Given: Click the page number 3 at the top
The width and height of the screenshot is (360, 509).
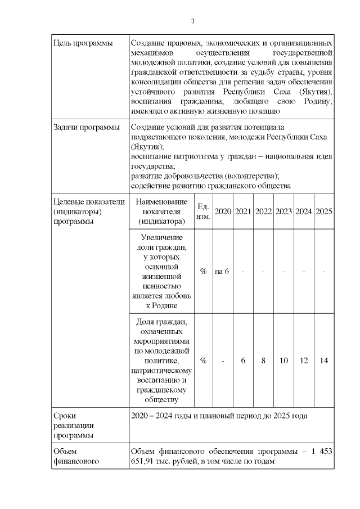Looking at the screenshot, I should (192, 21).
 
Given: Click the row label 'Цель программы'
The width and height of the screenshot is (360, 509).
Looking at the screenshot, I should (82, 43).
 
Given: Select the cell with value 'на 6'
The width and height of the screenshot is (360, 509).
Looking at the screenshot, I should (222, 271).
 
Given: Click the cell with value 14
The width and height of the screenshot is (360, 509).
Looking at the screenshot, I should (324, 361).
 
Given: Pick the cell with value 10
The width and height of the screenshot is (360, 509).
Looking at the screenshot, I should (283, 361).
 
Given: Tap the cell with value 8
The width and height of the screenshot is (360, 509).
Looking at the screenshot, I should (263, 361).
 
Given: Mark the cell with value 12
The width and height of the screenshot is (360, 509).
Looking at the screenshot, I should (304, 361).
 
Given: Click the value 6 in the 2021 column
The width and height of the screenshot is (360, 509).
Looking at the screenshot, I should (243, 361).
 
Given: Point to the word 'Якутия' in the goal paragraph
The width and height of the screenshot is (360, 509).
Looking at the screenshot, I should (313, 91).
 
